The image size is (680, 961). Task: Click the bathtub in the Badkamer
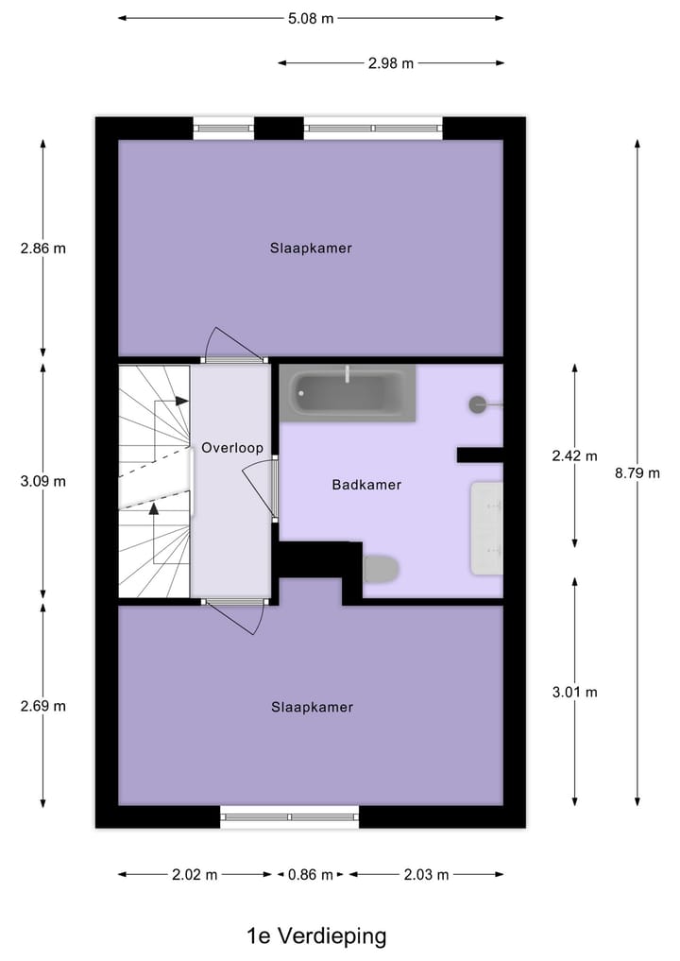pyautogui.click(x=348, y=393)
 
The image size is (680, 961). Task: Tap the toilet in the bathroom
pyautogui.click(x=381, y=569)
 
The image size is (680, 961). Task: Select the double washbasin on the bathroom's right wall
pyautogui.click(x=486, y=527)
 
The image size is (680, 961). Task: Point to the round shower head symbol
pyautogui.click(x=478, y=404)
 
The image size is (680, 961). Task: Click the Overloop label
pyautogui.click(x=231, y=448)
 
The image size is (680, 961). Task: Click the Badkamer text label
pyautogui.click(x=366, y=485)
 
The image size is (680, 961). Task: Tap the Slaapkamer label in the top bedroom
pyautogui.click(x=311, y=249)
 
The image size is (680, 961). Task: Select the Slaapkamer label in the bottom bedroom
pyautogui.click(x=311, y=707)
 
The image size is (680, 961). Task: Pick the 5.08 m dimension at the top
pyautogui.click(x=311, y=17)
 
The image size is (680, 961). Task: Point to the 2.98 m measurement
pyautogui.click(x=391, y=63)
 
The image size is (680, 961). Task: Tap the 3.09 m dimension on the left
pyautogui.click(x=43, y=481)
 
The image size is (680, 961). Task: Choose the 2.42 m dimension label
pyautogui.click(x=574, y=455)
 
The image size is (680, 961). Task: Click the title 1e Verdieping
pyautogui.click(x=316, y=936)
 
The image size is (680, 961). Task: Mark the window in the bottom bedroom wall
pyautogui.click(x=290, y=816)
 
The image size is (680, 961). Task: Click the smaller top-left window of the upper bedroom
pyautogui.click(x=224, y=129)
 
